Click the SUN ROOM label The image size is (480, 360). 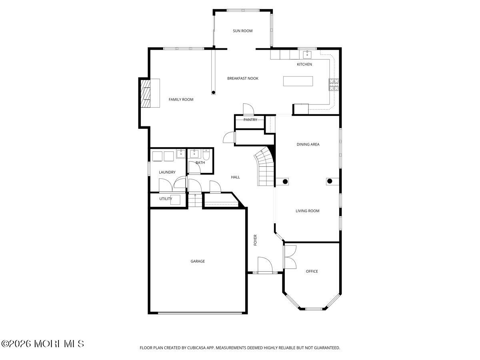tap(242, 31)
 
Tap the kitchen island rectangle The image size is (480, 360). tap(298, 81)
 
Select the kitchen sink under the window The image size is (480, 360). tap(307, 54)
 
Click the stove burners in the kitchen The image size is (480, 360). tap(334, 84)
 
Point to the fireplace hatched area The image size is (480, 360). tap(146, 93)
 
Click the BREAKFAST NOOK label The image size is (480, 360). tap(243, 78)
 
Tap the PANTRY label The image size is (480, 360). tap(250, 120)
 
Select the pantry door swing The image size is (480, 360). tap(248, 109)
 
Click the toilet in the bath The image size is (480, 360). tap(206, 154)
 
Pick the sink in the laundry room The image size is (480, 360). tap(181, 154)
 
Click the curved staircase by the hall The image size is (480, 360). tap(265, 166)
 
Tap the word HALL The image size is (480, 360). tap(235, 177)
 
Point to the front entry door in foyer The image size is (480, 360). tap(265, 265)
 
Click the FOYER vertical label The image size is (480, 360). tap(255, 240)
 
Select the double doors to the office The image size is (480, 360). tap(290, 257)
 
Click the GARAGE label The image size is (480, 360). tap(198, 261)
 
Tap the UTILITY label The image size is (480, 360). tap(166, 199)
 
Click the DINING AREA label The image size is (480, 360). tap(308, 144)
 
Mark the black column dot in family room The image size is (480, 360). tap(214, 92)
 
